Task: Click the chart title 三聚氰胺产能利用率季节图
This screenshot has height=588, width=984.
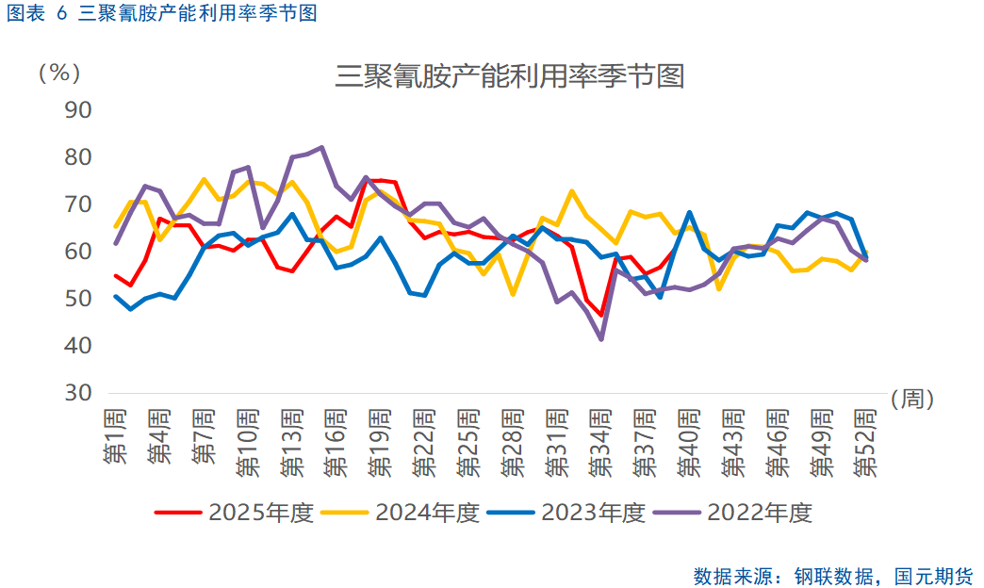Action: point(509,76)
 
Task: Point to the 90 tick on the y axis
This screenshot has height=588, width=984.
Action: point(78,110)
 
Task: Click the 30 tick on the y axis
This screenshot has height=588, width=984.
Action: point(78,393)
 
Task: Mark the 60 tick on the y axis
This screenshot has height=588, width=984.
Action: point(78,252)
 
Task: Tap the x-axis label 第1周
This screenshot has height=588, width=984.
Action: point(115,436)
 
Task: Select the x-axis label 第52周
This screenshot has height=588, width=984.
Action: point(866,442)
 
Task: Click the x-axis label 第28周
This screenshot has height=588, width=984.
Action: point(513,442)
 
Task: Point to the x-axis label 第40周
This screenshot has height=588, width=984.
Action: point(689,442)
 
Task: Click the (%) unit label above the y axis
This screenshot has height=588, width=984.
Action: point(58,73)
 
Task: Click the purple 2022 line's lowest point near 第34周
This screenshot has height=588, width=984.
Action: point(600,339)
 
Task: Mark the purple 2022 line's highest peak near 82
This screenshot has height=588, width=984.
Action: point(321,147)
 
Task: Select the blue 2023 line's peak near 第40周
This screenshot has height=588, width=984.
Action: point(689,212)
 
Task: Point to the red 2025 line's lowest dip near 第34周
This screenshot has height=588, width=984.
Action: point(600,316)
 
